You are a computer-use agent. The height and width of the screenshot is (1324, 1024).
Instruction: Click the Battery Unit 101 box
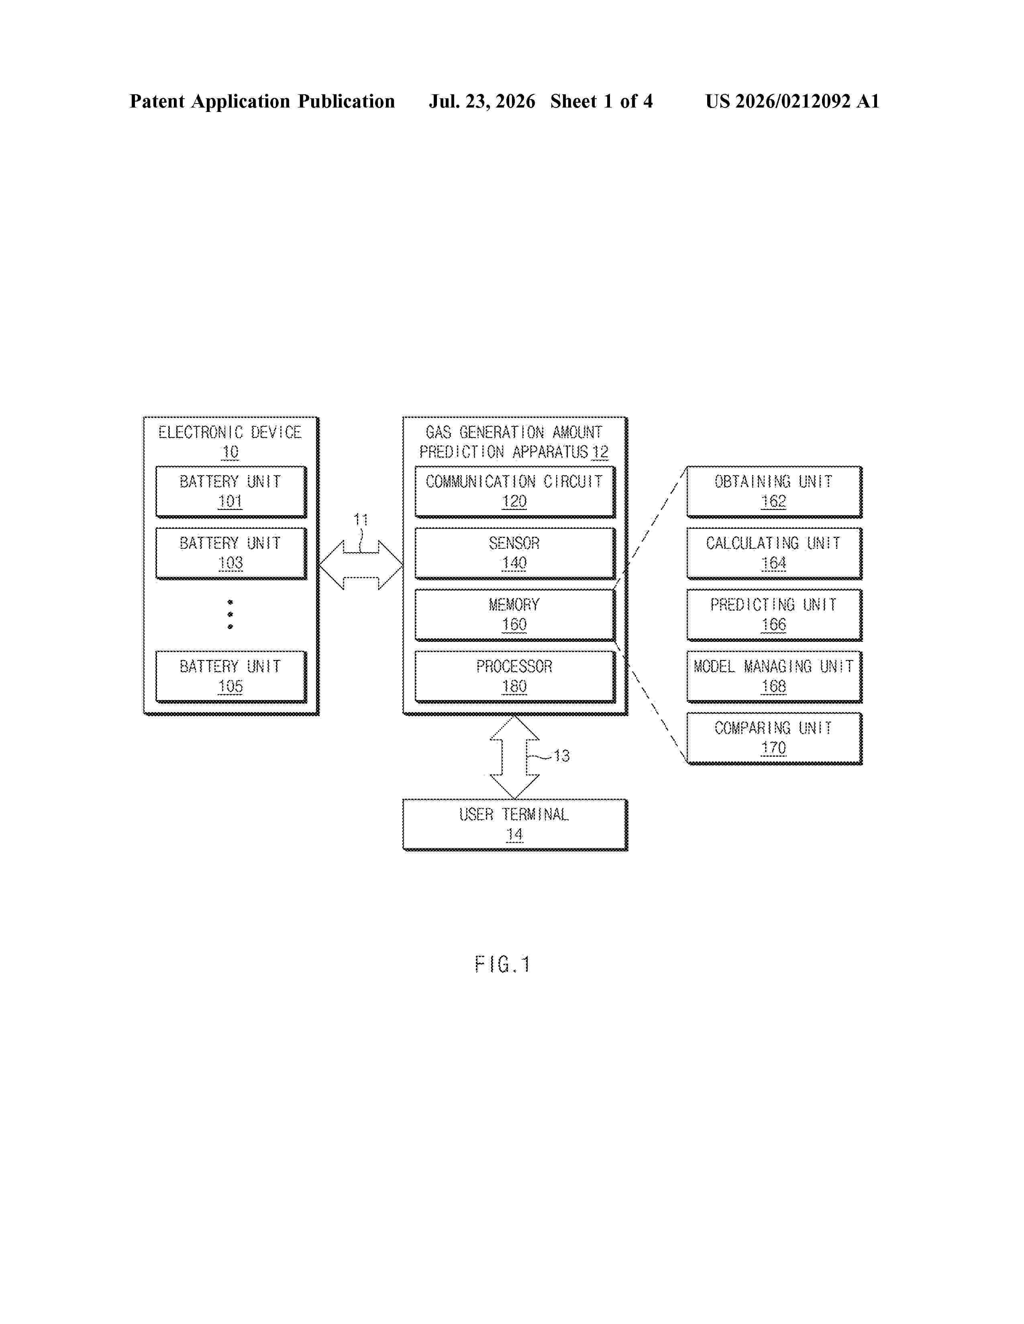coord(231,491)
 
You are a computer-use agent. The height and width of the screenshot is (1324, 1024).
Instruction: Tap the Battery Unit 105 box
coord(231,676)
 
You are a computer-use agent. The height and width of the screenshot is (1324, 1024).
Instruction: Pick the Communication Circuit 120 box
coord(514,491)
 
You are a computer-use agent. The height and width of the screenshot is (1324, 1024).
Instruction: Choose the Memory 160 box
coord(514,615)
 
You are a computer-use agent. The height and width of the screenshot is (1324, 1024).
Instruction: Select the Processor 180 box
coord(514,676)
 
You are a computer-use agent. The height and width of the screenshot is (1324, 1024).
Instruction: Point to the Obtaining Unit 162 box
coord(774,491)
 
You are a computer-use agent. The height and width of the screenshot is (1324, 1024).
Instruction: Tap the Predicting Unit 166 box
coord(774,615)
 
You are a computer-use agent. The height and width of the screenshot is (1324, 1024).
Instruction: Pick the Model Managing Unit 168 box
coord(774,676)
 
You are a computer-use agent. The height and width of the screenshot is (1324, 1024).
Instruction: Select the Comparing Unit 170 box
coord(774,738)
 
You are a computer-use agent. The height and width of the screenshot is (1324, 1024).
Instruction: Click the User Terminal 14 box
coord(514,824)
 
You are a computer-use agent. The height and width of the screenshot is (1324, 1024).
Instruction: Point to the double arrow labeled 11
coord(361,565)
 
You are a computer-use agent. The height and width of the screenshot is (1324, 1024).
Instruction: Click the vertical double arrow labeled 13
coord(514,757)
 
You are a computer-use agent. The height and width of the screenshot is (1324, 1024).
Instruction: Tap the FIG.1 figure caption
coord(502,964)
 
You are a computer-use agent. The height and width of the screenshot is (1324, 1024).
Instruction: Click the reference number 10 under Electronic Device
coord(231,452)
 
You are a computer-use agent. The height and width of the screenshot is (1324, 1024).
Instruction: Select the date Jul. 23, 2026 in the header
coord(482,101)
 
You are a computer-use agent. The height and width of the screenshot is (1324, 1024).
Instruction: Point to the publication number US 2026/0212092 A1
coord(792,101)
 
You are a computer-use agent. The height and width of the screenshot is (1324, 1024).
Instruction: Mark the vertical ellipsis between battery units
coord(231,614)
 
